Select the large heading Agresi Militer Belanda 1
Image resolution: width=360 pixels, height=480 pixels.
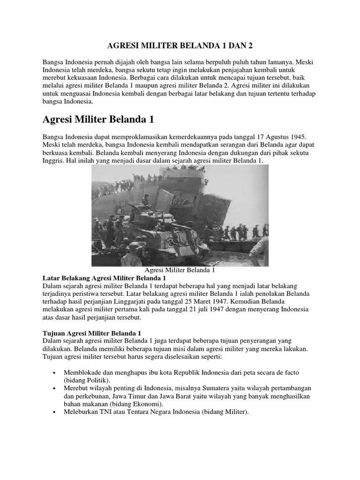[x=98, y=120]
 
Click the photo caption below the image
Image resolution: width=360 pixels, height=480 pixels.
[x=180, y=270]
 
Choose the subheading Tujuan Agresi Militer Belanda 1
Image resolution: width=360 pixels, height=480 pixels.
[x=92, y=333]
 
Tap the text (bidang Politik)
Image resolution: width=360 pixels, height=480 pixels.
[x=87, y=380]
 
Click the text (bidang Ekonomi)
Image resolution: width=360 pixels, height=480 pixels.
[x=134, y=404]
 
